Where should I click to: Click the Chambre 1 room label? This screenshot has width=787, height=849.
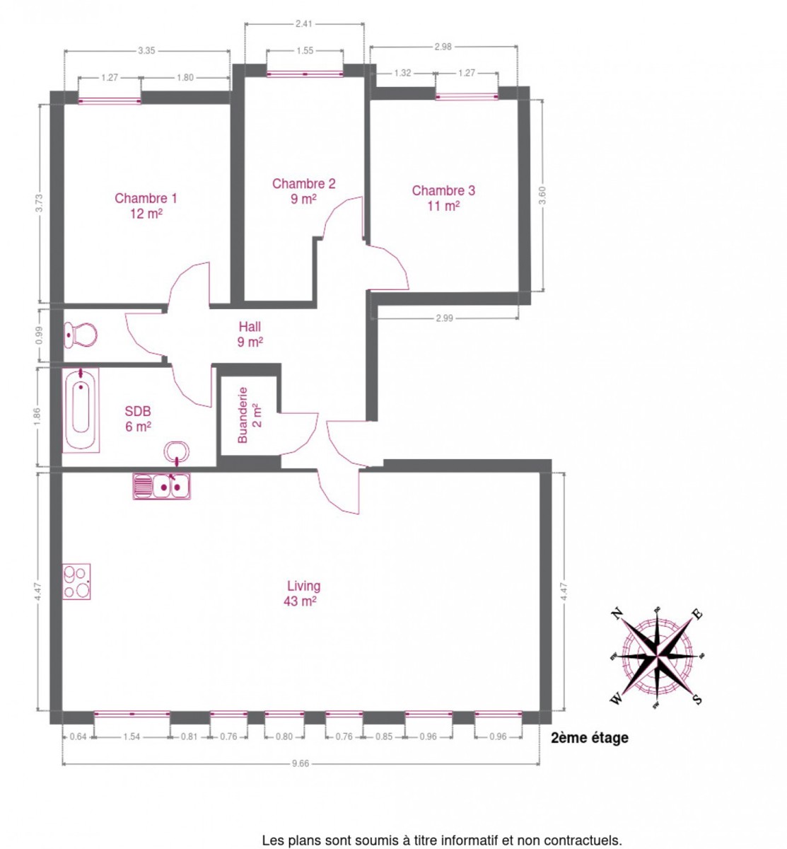point(146,206)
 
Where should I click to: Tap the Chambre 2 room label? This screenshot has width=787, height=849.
point(304,191)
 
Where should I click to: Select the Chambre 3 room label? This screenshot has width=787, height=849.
point(443,198)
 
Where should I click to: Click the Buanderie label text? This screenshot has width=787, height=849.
point(243,415)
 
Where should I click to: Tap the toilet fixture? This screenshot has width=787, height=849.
point(81,335)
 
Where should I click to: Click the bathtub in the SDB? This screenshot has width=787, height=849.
point(81,410)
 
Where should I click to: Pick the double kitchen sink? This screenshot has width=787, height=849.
point(161,486)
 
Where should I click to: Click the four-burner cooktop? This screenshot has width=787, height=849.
point(76,582)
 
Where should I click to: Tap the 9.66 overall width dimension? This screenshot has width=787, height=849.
point(301,775)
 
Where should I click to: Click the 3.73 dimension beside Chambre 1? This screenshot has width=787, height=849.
point(40,203)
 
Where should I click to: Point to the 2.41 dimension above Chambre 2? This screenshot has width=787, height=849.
point(304,24)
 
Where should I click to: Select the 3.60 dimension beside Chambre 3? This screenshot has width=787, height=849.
point(542,195)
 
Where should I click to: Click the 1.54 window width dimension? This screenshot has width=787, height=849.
point(132,749)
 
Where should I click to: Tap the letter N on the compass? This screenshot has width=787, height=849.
point(617,615)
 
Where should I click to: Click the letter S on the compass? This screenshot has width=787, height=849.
point(697,699)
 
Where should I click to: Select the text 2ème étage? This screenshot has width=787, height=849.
point(589,750)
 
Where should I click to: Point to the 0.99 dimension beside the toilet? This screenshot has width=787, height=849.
point(40,335)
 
